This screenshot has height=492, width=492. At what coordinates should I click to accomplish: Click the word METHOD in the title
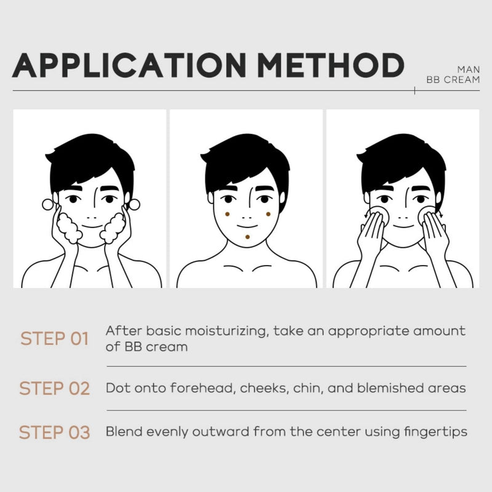tap(331, 65)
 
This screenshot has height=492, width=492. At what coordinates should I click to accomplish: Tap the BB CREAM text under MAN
tap(453, 80)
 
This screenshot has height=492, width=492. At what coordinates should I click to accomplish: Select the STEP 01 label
tap(54, 339)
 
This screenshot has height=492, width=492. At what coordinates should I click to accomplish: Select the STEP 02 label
tap(55, 389)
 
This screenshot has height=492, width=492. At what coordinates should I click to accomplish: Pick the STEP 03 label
tap(55, 432)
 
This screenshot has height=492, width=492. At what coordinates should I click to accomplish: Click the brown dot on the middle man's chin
tap(248, 237)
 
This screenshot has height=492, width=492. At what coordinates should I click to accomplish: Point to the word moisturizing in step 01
tap(226, 331)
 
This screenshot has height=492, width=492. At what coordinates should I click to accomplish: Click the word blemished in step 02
tap(391, 388)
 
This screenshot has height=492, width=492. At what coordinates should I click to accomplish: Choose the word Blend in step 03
tap(124, 432)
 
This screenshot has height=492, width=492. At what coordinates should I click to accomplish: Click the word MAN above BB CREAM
tap(469, 69)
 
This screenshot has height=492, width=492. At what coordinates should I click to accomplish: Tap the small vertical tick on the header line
tap(415, 90)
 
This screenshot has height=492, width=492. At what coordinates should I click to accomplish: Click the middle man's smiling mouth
tap(247, 226)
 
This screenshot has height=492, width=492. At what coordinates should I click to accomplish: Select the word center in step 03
tap(338, 432)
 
